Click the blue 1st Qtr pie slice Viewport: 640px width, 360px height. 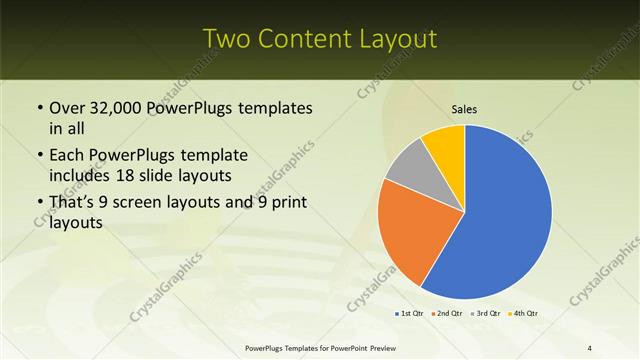[505, 220]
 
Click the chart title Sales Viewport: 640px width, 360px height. [465, 110]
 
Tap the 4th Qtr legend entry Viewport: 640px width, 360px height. [524, 314]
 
